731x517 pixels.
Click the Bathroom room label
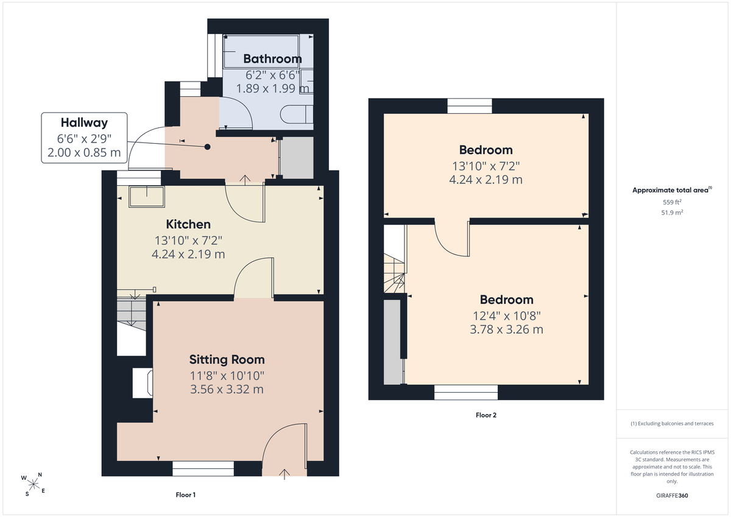point(272,58)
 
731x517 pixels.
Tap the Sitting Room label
point(227,359)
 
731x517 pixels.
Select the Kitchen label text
point(188,224)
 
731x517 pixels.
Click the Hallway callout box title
point(84,122)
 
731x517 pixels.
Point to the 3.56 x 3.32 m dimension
point(227,389)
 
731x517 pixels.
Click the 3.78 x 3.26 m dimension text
point(506,329)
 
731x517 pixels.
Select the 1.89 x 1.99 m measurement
point(272,88)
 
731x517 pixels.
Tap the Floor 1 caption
point(186,495)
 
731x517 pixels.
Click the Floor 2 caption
point(486,415)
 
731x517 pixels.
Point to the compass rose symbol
point(33,484)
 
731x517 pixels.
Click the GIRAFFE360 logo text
point(672,496)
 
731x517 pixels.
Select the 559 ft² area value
point(672,202)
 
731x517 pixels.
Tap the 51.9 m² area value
point(672,213)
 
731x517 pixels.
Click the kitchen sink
point(147,197)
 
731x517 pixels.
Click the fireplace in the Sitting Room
point(143,383)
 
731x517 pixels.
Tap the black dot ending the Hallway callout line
point(207,147)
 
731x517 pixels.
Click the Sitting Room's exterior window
point(203,468)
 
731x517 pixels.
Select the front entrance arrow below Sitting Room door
point(284,474)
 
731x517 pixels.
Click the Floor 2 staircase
point(395,259)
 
